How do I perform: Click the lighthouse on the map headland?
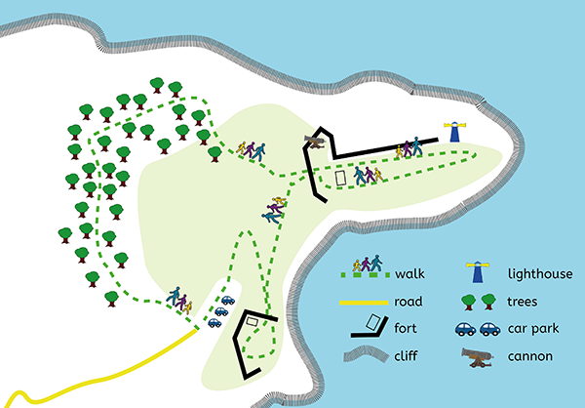pos(454,133)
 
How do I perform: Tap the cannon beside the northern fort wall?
pos(316,141)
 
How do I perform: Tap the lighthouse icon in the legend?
pos(477,266)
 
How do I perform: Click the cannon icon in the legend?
pos(477,357)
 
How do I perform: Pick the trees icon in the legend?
pos(477,300)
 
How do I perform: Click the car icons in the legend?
pos(477,329)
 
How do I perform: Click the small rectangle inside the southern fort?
pos(253,320)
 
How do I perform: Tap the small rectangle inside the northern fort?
pos(340,179)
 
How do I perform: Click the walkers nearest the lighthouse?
pos(409,148)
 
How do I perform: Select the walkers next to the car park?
pos(177,297)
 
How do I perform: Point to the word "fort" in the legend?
pos(406,330)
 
